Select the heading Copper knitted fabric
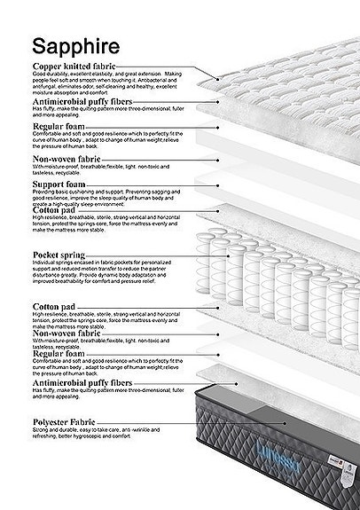point(78,67)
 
